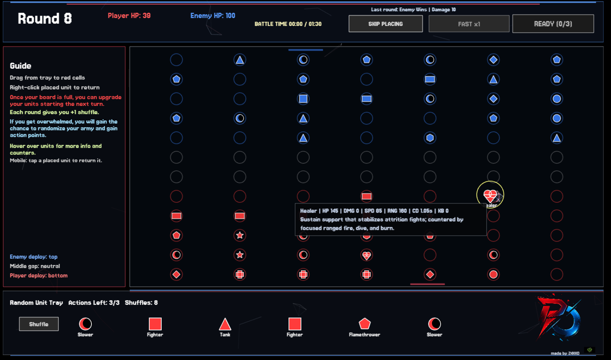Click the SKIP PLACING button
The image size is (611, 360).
386,24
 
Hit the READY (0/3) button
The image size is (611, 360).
553,24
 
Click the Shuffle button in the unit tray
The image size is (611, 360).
39,324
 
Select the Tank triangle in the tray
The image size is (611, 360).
225,324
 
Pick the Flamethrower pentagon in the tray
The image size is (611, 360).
364,324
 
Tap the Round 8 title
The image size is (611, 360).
45,18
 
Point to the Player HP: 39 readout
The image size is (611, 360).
129,16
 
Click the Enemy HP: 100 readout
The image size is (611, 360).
213,16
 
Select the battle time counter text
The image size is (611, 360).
288,24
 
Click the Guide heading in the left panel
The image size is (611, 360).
21,66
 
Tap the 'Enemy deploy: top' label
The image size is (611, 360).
34,257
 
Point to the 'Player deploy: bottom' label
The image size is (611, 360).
39,276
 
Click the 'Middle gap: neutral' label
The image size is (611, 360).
35,266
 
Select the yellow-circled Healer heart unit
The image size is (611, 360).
490,195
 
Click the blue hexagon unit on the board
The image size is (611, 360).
430,138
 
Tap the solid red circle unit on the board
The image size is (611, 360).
493,274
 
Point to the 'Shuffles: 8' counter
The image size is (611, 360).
141,303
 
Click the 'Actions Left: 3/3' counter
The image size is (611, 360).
94,303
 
